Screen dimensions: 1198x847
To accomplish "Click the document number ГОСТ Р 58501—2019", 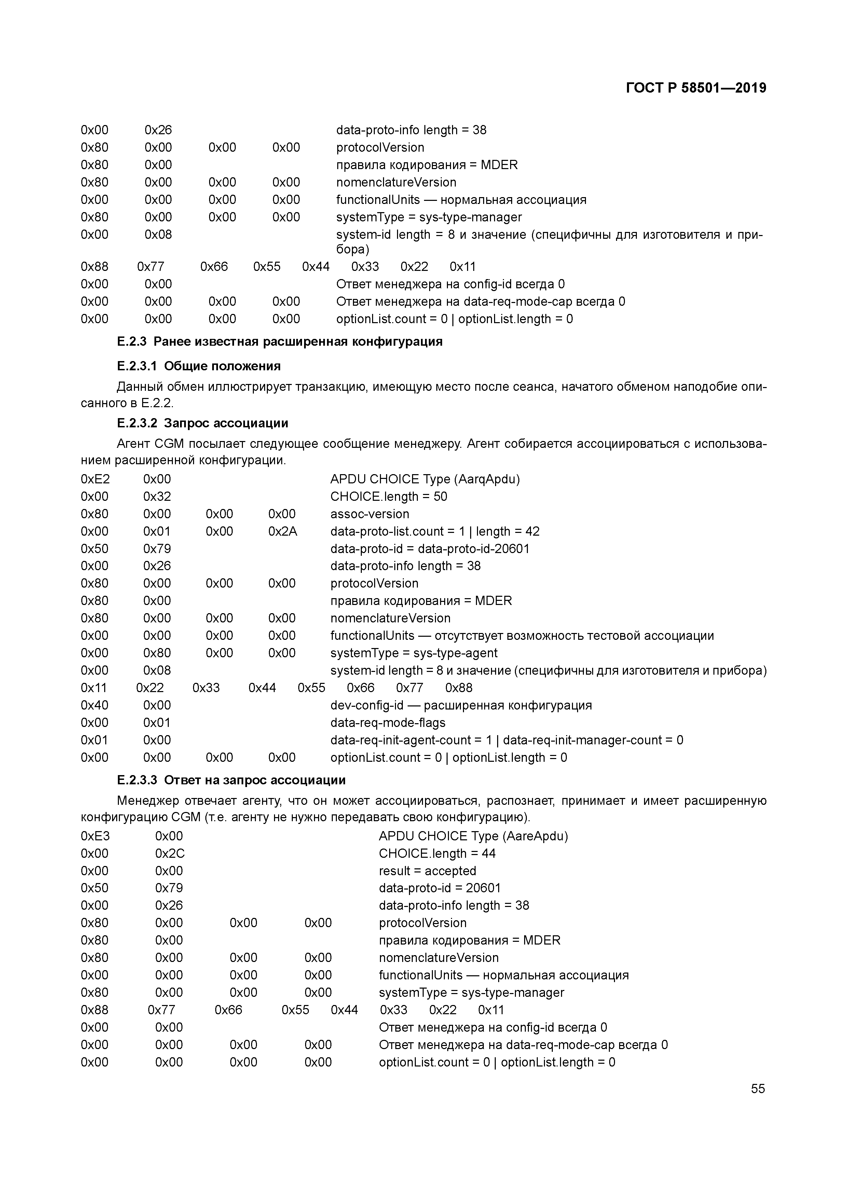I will [696, 88].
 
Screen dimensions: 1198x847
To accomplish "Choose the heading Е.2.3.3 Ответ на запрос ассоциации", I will [231, 780].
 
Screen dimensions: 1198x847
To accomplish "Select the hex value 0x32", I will [157, 496].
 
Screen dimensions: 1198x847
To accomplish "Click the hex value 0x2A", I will [282, 531].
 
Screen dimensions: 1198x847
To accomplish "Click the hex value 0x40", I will [94, 705].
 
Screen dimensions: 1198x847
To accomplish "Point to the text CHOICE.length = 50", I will [388, 496].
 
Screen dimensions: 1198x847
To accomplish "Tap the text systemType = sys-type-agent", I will [413, 653].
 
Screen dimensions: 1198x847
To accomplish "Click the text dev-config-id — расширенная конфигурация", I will [461, 705].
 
